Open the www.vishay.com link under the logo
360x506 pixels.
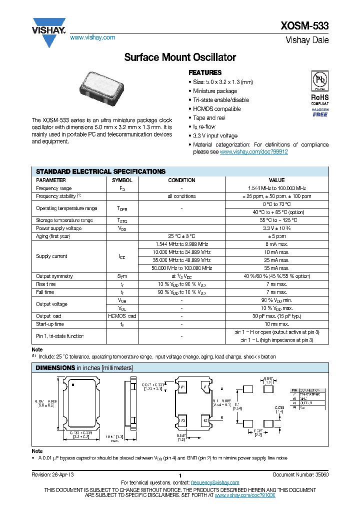92,37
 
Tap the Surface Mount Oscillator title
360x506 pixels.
180,57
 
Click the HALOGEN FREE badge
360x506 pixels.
320,112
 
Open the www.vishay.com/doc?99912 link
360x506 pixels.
253,151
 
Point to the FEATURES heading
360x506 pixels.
205,72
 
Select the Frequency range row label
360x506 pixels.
53,188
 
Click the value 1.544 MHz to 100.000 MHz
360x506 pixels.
276,188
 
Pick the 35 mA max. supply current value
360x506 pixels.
276,268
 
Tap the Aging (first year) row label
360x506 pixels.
53,236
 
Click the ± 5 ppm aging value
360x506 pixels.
276,236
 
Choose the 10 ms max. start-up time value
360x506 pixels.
276,324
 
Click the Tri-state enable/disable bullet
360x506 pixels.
221,100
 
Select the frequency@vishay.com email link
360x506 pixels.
215,482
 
